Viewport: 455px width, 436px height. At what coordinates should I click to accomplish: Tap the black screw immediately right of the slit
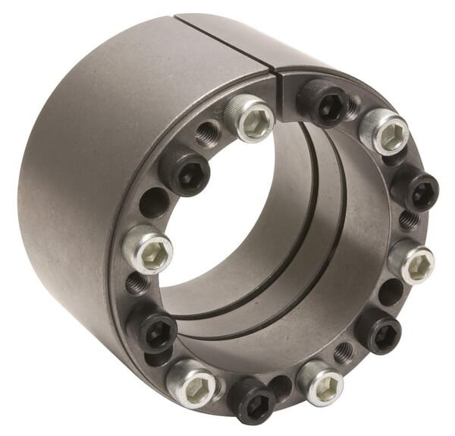coord(324,104)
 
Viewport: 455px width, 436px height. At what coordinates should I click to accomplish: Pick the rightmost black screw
coord(414,187)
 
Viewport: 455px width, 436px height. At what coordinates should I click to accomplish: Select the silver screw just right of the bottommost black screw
coord(321,382)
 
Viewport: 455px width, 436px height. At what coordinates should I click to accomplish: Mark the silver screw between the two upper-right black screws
coord(384,131)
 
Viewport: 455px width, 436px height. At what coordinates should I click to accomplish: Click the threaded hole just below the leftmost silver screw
coord(138,284)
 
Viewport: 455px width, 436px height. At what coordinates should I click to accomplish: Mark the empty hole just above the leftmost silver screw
coord(154,203)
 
